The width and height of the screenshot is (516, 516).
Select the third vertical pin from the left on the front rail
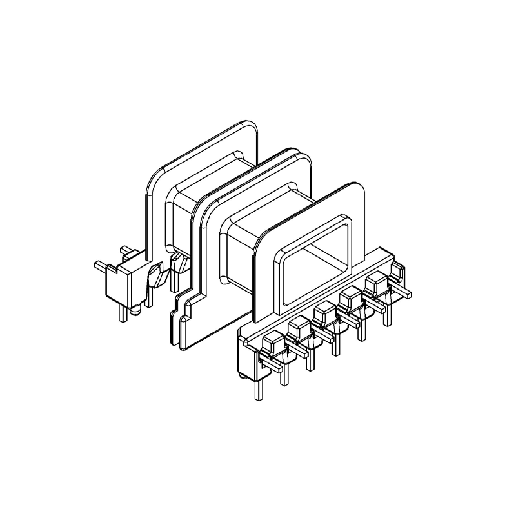coord(310,359)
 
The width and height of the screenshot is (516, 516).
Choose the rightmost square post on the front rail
coord(374,284)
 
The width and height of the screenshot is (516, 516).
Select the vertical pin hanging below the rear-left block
coord(121,312)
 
